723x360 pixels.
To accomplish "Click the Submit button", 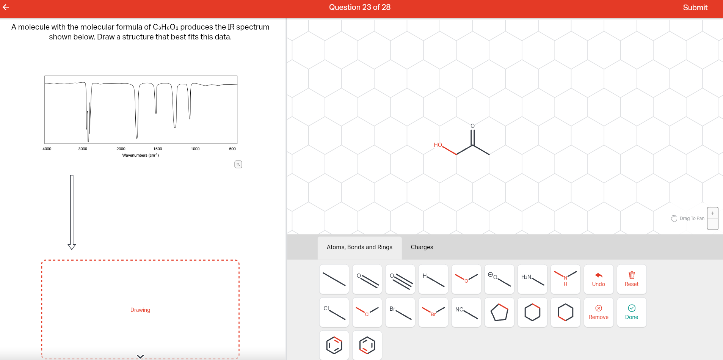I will click(x=695, y=8).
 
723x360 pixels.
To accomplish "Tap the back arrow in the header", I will click(x=6, y=7).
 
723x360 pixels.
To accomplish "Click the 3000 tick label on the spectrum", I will click(x=83, y=149).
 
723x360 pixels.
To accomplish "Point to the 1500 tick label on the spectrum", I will click(x=158, y=149).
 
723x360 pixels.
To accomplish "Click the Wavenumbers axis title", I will click(x=140, y=155).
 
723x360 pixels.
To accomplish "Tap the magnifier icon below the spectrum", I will click(x=238, y=164).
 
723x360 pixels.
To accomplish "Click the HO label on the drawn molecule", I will click(x=438, y=145).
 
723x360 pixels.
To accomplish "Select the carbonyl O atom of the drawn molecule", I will click(x=472, y=126).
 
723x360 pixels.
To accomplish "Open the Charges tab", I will click(x=422, y=247).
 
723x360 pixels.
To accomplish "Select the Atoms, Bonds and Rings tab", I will click(x=359, y=247).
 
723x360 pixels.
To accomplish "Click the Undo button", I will click(x=598, y=279).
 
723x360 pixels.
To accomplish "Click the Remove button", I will click(x=598, y=312).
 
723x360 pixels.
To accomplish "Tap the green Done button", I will click(x=631, y=312).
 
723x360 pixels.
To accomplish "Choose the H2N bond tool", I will click(x=532, y=279).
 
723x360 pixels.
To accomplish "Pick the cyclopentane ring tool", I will click(x=499, y=312).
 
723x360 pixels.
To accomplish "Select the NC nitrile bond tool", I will click(x=466, y=312).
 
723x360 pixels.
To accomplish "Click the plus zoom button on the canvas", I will click(x=712, y=213).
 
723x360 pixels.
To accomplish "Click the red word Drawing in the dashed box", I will click(x=140, y=310).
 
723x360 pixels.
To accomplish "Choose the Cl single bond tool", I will click(x=334, y=312).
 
